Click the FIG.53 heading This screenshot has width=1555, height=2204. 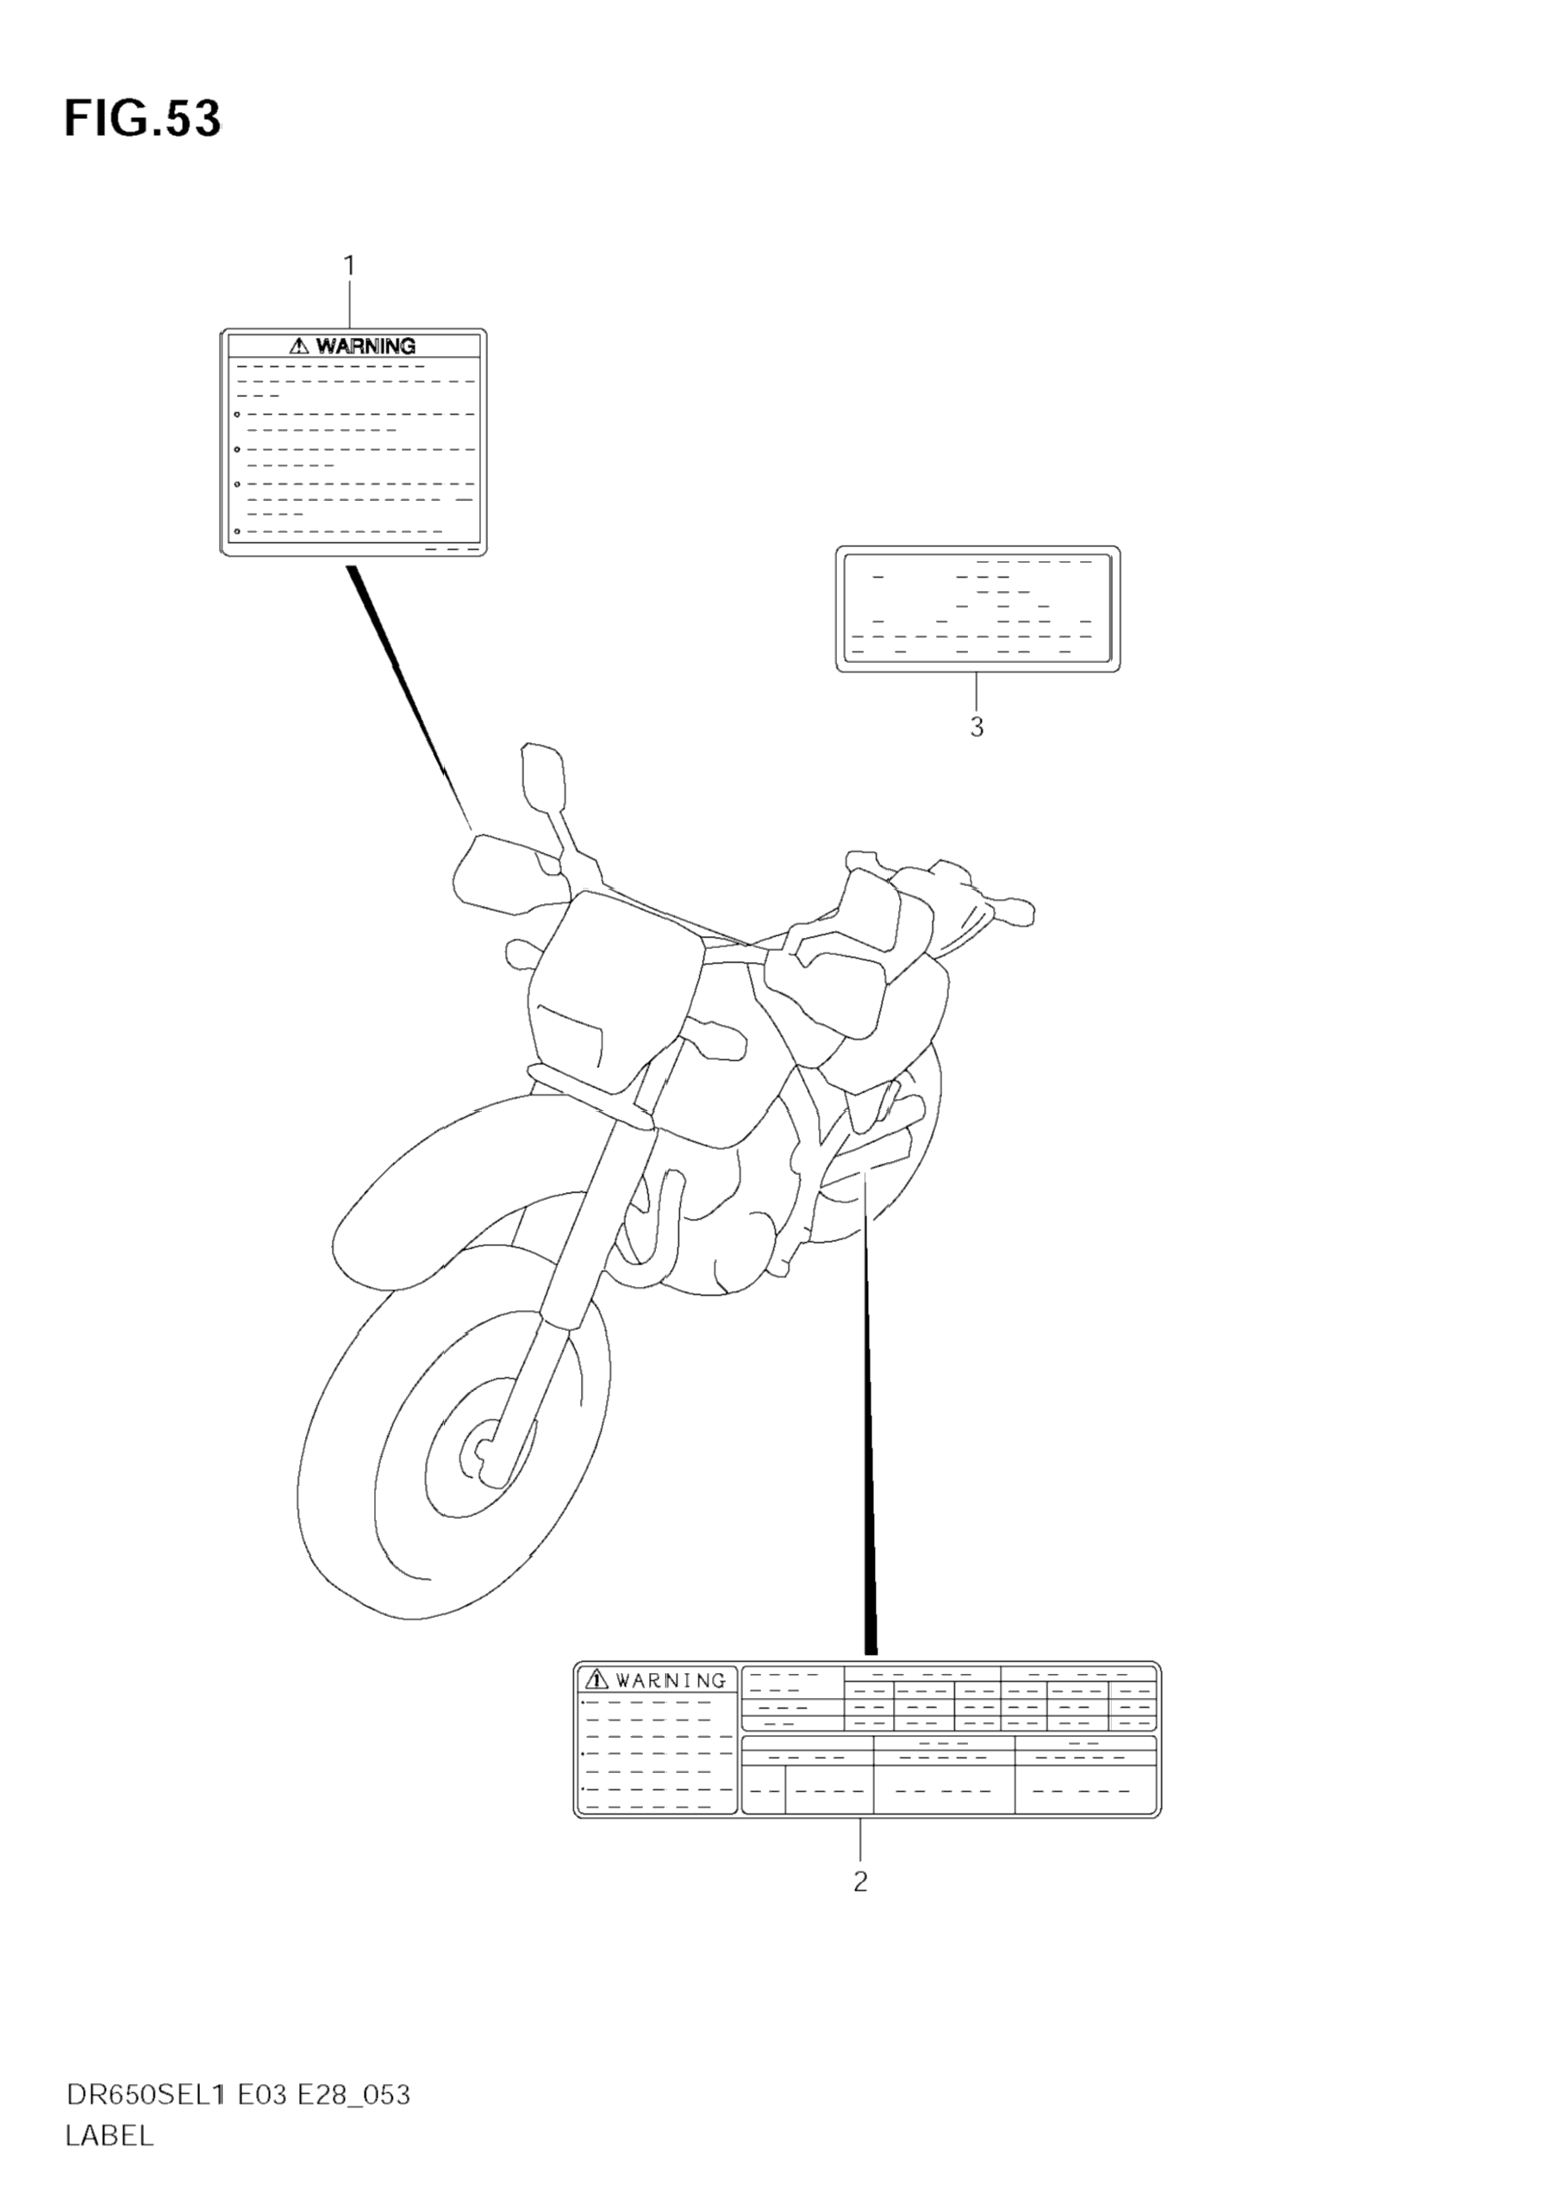[x=142, y=120]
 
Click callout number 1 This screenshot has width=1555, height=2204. [x=349, y=265]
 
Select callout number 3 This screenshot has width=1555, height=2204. [x=977, y=727]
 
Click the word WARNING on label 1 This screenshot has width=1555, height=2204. [x=365, y=346]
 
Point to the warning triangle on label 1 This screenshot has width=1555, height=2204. [x=299, y=346]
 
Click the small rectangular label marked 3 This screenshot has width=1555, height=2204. [x=977, y=609]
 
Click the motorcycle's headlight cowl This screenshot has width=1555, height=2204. [x=615, y=998]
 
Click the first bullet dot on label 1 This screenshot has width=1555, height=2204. [x=237, y=415]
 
